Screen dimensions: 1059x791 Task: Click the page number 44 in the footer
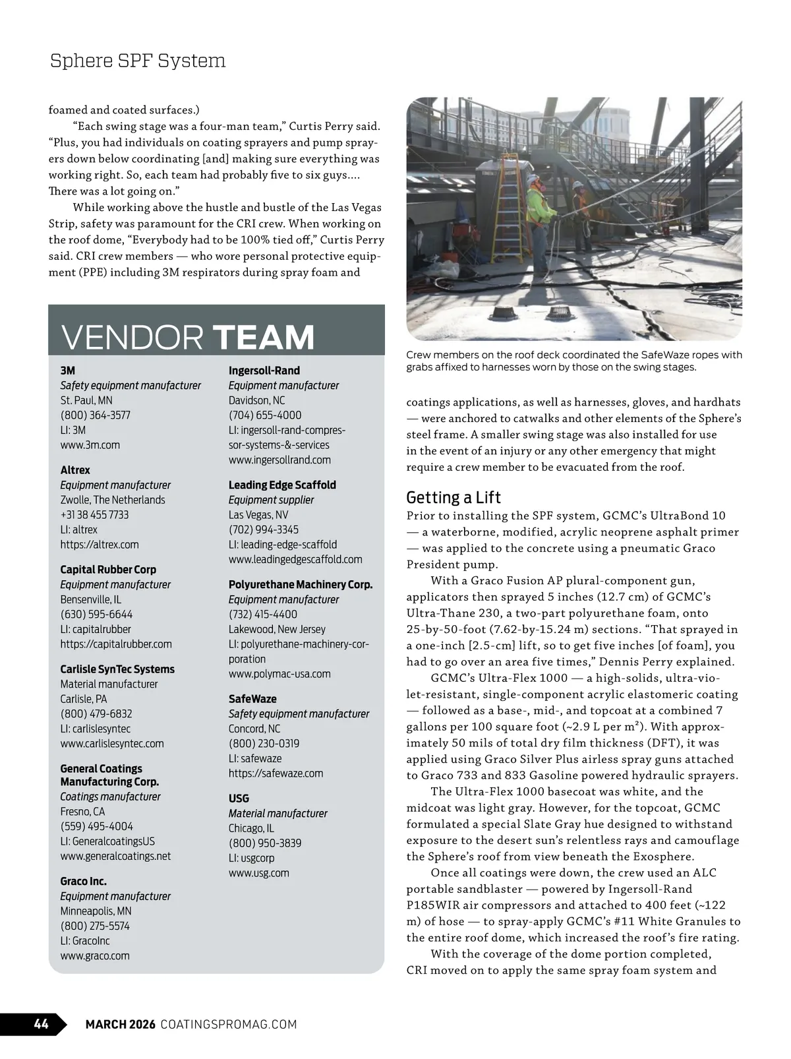41,1024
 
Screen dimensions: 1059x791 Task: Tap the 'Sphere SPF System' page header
138,61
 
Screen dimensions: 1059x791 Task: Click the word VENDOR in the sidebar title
132,337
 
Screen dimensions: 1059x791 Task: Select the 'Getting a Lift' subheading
454,497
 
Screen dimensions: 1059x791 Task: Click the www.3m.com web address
90,445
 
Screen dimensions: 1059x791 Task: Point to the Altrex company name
75,470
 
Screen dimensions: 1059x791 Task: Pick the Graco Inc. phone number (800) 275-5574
95,926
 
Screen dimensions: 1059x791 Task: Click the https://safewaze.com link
276,773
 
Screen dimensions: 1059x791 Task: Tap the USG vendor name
239,799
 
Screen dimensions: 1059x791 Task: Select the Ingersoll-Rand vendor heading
264,371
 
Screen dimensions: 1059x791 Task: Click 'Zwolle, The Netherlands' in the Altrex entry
113,500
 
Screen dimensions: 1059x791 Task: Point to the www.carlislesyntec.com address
112,743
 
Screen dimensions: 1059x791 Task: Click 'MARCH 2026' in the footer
121,1024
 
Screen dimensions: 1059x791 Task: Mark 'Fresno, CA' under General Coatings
82,812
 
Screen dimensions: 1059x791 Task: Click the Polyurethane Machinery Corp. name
301,585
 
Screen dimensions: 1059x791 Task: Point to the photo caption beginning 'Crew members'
573,361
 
